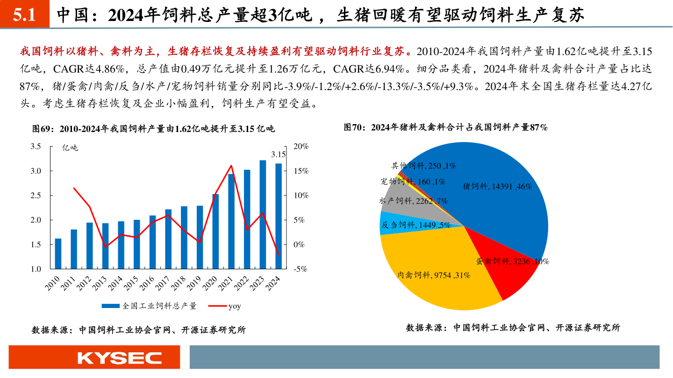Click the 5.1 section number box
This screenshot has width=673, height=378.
24,15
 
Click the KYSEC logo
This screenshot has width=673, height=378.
120,358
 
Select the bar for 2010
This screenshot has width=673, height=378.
58,254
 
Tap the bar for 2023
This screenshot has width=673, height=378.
263,215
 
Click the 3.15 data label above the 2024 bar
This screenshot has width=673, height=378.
279,154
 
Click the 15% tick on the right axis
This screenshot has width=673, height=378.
301,171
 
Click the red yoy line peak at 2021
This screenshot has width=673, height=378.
231,166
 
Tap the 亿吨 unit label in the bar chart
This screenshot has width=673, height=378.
71,148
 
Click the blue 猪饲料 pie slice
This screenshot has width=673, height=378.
491,187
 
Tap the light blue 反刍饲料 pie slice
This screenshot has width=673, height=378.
397,224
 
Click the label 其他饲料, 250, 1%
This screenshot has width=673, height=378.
423,165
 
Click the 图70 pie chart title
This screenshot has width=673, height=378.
445,127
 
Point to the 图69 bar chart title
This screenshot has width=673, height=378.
153,128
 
